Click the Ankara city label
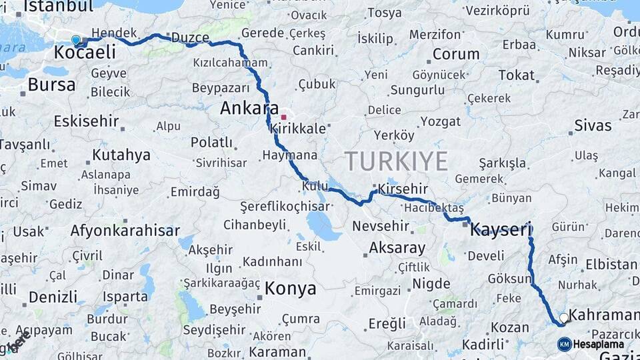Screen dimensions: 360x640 pyautogui.click(x=249, y=108)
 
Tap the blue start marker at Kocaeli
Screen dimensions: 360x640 pyautogui.click(x=76, y=40)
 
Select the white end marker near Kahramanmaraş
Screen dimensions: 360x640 pyautogui.click(x=564, y=318)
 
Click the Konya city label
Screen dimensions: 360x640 pyautogui.click(x=290, y=289)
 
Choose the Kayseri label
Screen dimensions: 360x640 pyautogui.click(x=500, y=231)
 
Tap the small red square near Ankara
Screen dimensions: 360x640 pyautogui.click(x=283, y=117)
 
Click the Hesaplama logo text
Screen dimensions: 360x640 pyautogui.click(x=599, y=344)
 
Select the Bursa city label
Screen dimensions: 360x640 pyautogui.click(x=51, y=85)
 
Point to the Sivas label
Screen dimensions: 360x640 pyautogui.click(x=593, y=125)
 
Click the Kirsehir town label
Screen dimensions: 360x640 pyautogui.click(x=403, y=189)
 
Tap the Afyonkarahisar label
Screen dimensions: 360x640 pyautogui.click(x=125, y=231)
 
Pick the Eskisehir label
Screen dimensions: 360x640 pyautogui.click(x=86, y=121)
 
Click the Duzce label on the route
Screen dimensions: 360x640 pyautogui.click(x=190, y=37)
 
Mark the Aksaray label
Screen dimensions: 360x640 pyautogui.click(x=397, y=248)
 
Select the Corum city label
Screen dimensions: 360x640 pyautogui.click(x=456, y=54)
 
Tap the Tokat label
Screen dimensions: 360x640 pyautogui.click(x=517, y=75)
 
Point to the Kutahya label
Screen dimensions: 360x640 pyautogui.click(x=121, y=155)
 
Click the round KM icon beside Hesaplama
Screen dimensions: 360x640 pyautogui.click(x=564, y=344)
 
